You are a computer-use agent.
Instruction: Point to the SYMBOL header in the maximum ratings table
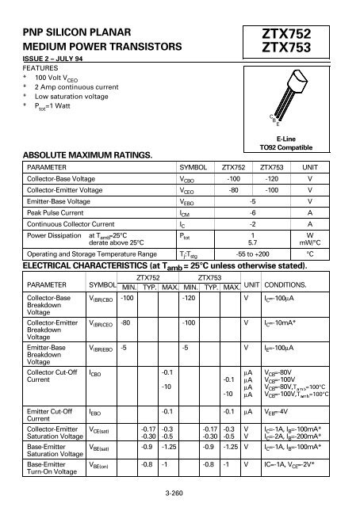tap(193, 169)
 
